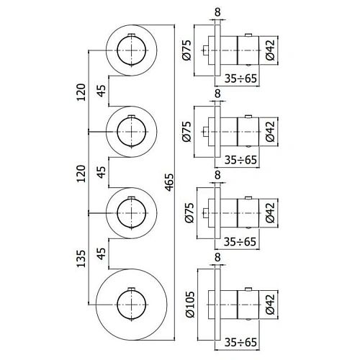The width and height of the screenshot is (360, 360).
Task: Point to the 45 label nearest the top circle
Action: click(102, 90)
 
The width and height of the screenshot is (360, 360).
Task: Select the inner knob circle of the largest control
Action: click(132, 305)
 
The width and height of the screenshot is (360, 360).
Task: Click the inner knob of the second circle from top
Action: click(132, 130)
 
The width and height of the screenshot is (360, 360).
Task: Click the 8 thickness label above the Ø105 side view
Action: click(217, 257)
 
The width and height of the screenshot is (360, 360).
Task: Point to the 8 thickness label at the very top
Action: click(217, 11)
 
